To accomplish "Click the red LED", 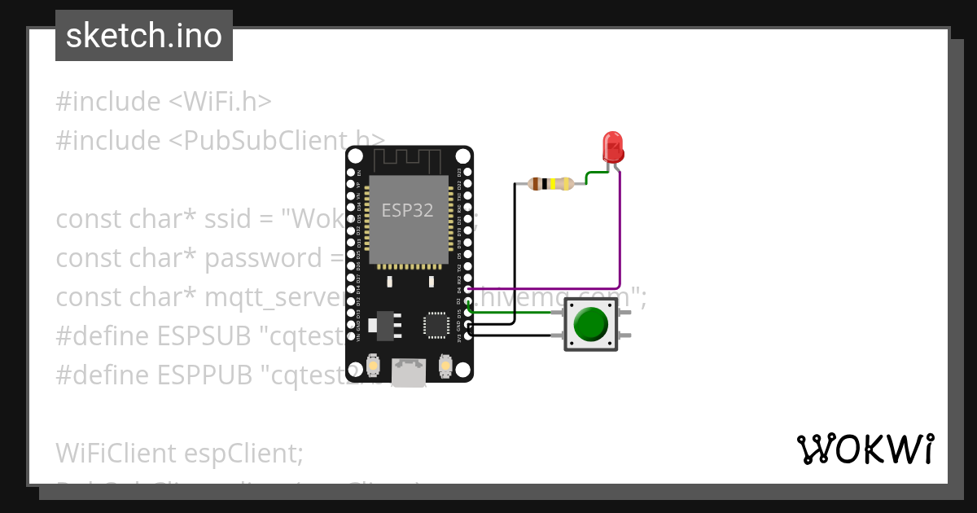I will [x=612, y=147].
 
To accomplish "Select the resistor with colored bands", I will [x=551, y=183].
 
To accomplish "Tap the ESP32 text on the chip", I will [x=407, y=210].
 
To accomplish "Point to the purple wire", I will [x=621, y=236].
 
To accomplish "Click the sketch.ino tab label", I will [x=144, y=36].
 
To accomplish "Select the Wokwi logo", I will [x=865, y=449].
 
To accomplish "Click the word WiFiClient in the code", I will [x=116, y=453].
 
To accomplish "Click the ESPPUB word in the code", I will [x=199, y=375].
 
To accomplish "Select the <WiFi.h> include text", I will [x=220, y=102].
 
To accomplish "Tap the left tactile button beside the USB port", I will [x=373, y=366].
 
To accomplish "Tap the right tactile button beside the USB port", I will [x=445, y=366].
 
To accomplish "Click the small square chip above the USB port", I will [x=436, y=325].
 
